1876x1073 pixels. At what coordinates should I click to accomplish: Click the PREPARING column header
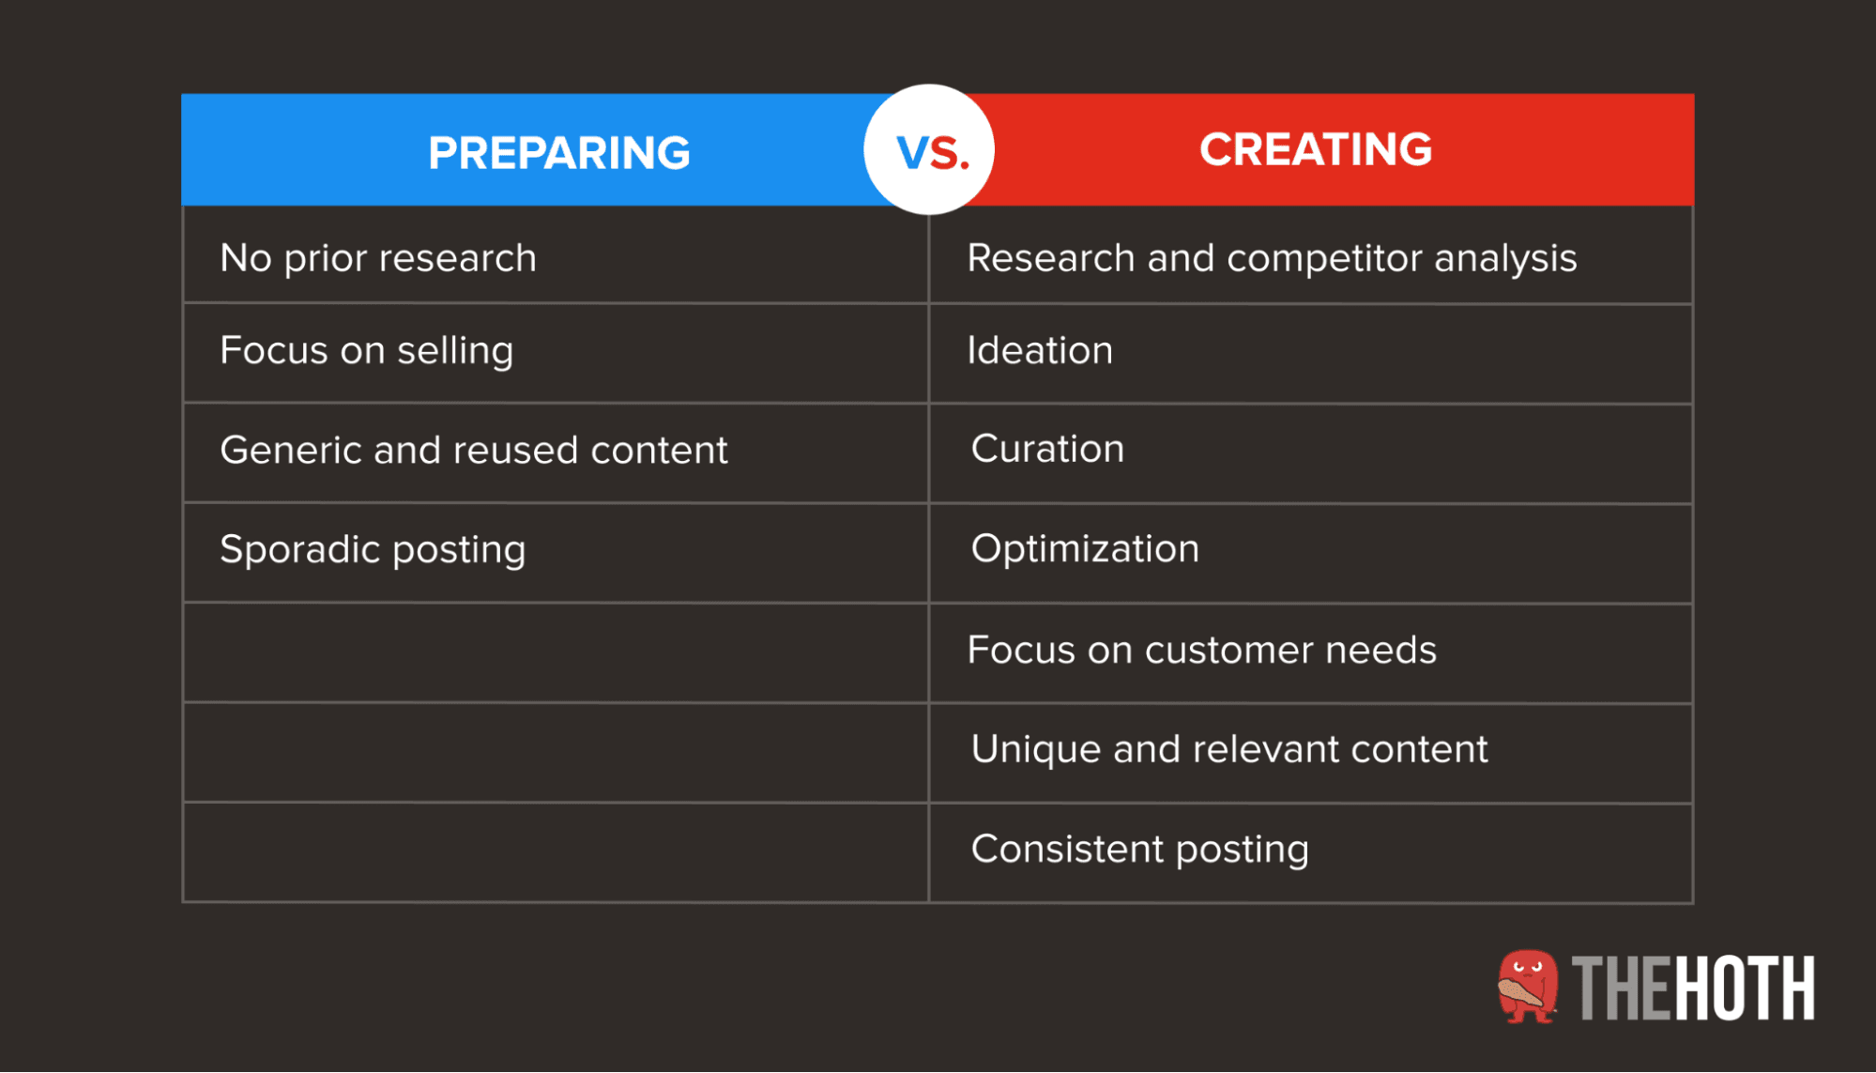click(x=558, y=152)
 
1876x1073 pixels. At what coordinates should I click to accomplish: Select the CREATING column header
click(x=1315, y=149)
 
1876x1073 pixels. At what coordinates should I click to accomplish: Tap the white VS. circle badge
click(x=929, y=150)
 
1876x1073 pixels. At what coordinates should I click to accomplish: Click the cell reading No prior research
click(x=378, y=257)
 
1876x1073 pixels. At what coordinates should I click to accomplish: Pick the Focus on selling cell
click(x=366, y=350)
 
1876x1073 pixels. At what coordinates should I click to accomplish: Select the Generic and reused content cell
click(x=473, y=450)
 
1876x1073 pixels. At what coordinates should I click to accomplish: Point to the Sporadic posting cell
click(x=373, y=549)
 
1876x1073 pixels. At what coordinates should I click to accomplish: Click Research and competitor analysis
click(x=1272, y=257)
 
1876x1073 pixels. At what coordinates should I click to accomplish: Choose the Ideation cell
click(x=1040, y=350)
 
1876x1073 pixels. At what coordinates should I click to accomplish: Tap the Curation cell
click(x=1047, y=449)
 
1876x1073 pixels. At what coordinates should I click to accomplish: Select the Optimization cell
click(x=1085, y=548)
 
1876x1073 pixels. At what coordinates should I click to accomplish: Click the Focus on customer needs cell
click(x=1201, y=650)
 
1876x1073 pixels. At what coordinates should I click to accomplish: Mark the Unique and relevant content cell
click(x=1229, y=749)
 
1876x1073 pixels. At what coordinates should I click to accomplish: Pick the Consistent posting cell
click(x=1139, y=849)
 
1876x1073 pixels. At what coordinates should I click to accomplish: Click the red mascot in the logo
click(x=1527, y=986)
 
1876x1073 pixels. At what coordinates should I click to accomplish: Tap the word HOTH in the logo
click(x=1746, y=988)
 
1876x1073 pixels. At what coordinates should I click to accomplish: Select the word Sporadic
click(x=299, y=549)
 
